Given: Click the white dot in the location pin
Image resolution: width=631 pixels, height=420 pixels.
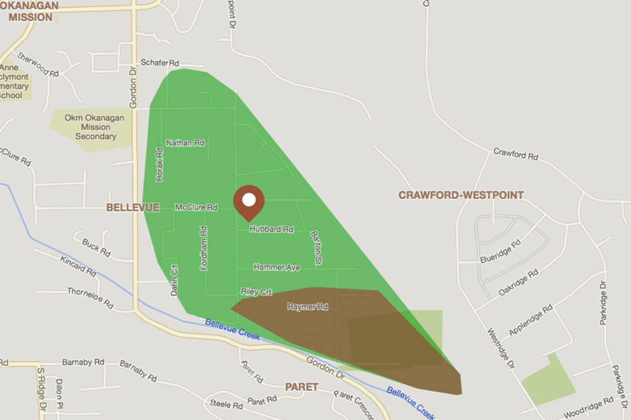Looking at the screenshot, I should (249, 200).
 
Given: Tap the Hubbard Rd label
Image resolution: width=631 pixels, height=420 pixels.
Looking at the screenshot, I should (271, 230).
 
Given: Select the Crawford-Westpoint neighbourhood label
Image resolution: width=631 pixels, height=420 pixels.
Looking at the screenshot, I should (461, 195).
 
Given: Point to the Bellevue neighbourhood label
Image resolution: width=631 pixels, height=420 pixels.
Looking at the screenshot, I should (133, 207).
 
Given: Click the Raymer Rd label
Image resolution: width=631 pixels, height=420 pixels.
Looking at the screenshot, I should (307, 306).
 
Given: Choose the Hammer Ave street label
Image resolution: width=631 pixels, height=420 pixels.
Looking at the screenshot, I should (276, 267).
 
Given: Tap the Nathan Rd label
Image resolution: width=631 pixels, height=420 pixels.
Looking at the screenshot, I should (185, 143).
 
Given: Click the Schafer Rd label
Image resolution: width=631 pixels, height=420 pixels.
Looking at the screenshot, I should (160, 63).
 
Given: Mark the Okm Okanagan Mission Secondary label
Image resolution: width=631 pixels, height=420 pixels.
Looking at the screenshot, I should (95, 127).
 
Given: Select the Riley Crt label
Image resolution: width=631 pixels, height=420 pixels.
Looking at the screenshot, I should (256, 291).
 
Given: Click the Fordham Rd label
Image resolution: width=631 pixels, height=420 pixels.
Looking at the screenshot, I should (204, 249).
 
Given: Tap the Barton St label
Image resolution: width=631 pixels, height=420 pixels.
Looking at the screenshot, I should (317, 247).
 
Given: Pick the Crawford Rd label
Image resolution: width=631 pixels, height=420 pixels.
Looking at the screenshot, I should (516, 155).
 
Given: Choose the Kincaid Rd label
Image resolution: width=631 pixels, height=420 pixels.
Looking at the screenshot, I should (78, 265).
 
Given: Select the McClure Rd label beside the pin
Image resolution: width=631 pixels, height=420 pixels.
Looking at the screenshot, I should (196, 207).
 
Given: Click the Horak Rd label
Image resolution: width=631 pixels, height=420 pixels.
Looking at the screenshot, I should (160, 166).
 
